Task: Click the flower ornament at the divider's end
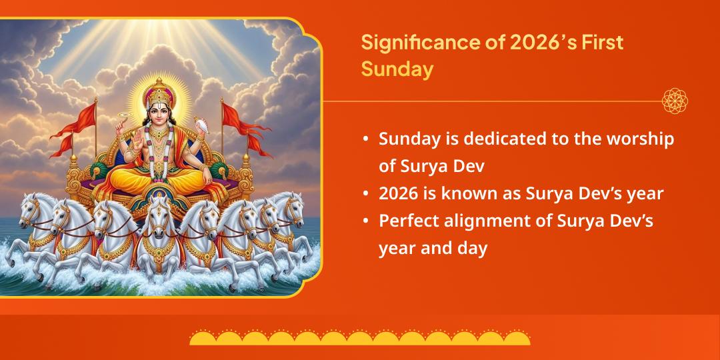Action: (675, 101)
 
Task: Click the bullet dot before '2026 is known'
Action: (365, 194)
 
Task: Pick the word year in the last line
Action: (398, 249)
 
